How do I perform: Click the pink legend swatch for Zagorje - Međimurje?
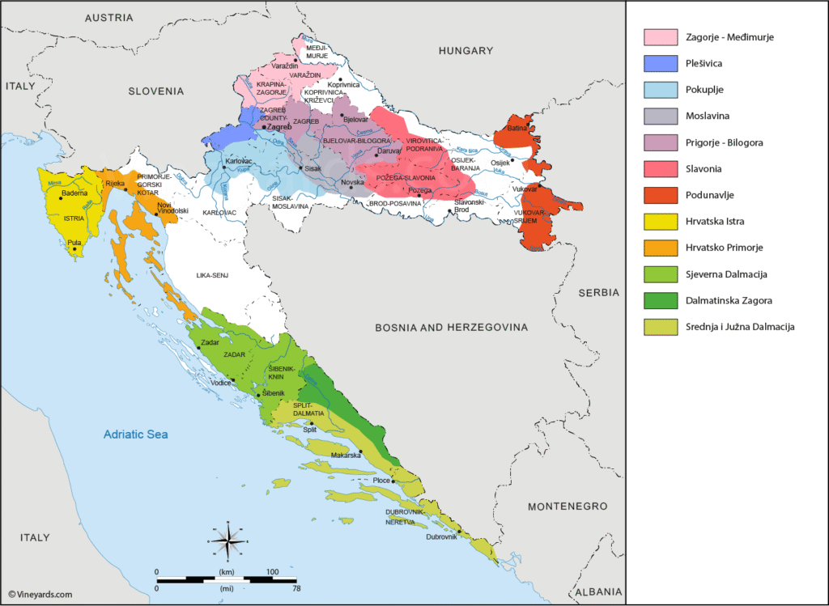pos(660,37)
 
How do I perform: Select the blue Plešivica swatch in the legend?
pos(660,63)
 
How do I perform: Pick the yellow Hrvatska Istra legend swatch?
pos(660,221)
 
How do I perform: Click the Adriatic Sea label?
pos(135,434)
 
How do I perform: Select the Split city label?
pos(309,430)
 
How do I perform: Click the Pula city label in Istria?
pos(74,242)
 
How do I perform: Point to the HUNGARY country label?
pos(466,51)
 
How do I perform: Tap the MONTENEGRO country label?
pos(567,506)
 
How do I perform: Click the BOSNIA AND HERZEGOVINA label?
pos(451,328)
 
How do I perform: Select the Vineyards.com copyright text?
pos(40,594)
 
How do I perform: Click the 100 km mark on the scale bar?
pos(272,572)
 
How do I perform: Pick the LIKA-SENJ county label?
pos(212,276)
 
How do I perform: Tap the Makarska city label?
pos(346,456)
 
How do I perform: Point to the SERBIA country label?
pos(599,292)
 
